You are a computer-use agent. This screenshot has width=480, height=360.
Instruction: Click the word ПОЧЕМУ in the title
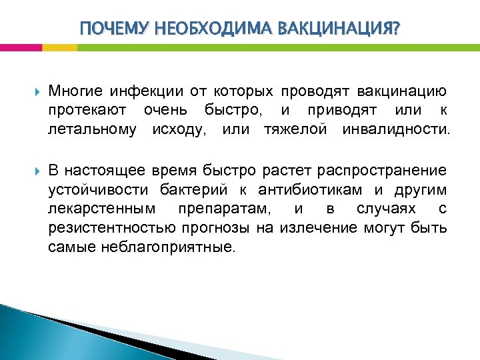pyautogui.click(x=111, y=29)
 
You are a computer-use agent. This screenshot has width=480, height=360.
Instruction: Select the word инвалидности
pyautogui.click(x=396, y=127)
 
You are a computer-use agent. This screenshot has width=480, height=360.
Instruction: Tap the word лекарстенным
pyautogui.click(x=102, y=209)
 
